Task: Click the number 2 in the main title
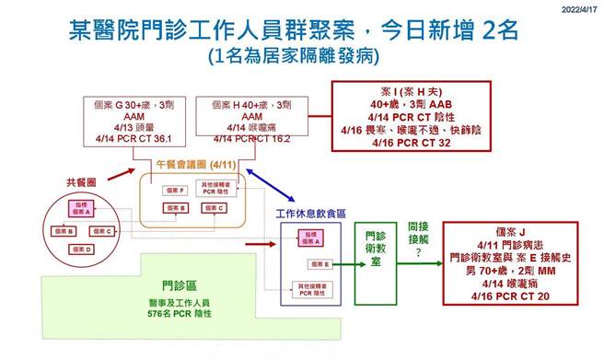(x=484, y=30)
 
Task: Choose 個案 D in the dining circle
(x=83, y=249)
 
